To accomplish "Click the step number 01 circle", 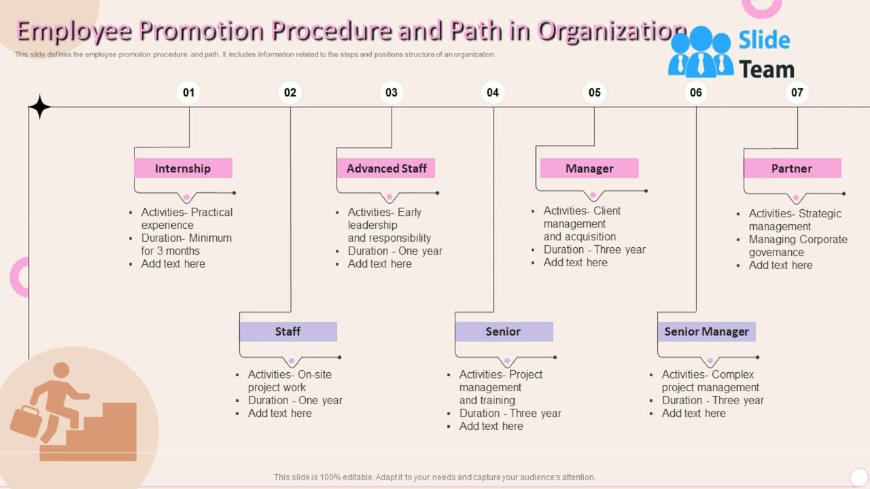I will [188, 92].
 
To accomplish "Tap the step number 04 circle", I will [493, 92].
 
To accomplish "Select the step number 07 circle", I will [797, 92].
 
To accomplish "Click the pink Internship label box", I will [183, 168].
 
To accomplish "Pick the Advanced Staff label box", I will [386, 168].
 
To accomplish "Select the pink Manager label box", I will [589, 168].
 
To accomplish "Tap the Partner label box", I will [792, 168].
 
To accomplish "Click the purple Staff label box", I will [288, 331].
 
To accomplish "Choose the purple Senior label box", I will [503, 331].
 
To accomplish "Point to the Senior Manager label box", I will [706, 331].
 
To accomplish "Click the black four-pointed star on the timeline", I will [39, 107].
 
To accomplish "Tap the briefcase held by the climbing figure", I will [26, 421].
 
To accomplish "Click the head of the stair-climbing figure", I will [61, 370].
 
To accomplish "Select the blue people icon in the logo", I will [700, 52].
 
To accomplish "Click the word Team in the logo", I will [766, 69].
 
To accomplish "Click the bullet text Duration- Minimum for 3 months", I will [186, 244].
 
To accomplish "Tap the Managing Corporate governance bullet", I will [797, 246].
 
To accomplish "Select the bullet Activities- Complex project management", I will [710, 381].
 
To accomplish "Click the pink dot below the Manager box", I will [593, 195].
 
